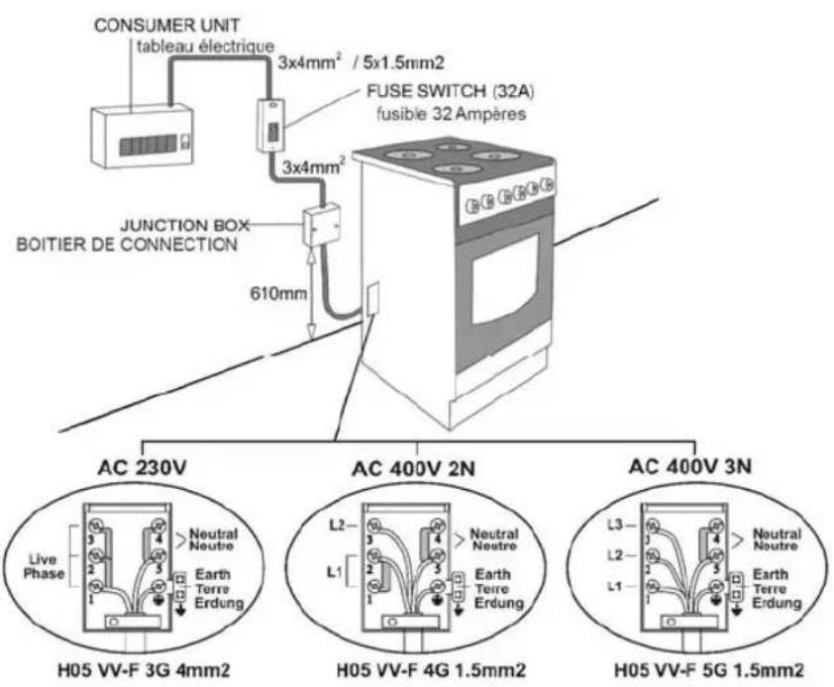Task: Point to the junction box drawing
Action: coord(320,226)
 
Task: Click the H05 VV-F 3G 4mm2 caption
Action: coord(153,669)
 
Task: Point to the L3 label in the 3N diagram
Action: coord(617,523)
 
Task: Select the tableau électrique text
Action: coord(191,47)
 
